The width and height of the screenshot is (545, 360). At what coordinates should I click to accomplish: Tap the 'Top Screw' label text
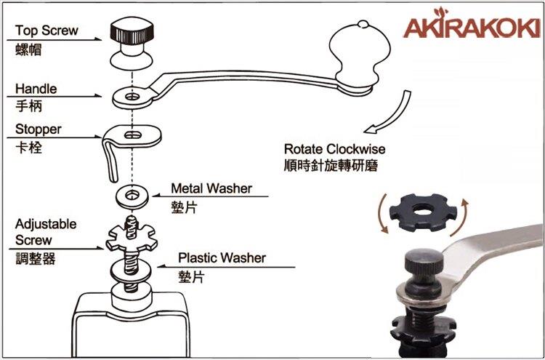47,31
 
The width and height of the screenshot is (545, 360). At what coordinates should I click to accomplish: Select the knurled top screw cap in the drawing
132,32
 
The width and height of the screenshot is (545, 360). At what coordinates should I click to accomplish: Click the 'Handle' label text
36,89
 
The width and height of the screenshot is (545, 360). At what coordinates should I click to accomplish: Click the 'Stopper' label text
39,129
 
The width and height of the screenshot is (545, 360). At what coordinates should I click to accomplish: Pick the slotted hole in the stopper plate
132,135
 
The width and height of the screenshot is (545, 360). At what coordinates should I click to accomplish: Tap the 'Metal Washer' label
211,188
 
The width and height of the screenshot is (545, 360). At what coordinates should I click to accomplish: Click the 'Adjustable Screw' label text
46,232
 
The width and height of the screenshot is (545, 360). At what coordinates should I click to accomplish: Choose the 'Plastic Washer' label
222,258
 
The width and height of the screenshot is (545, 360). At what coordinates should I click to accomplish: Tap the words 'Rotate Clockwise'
335,149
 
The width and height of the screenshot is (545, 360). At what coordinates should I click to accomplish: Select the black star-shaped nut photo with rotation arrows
423,212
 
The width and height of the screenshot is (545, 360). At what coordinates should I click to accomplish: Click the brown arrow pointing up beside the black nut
461,217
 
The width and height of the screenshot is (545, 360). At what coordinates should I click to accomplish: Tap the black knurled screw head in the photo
424,261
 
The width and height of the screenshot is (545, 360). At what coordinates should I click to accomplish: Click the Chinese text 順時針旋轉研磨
331,166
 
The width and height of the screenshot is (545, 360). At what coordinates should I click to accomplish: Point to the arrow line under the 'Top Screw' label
54,40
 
